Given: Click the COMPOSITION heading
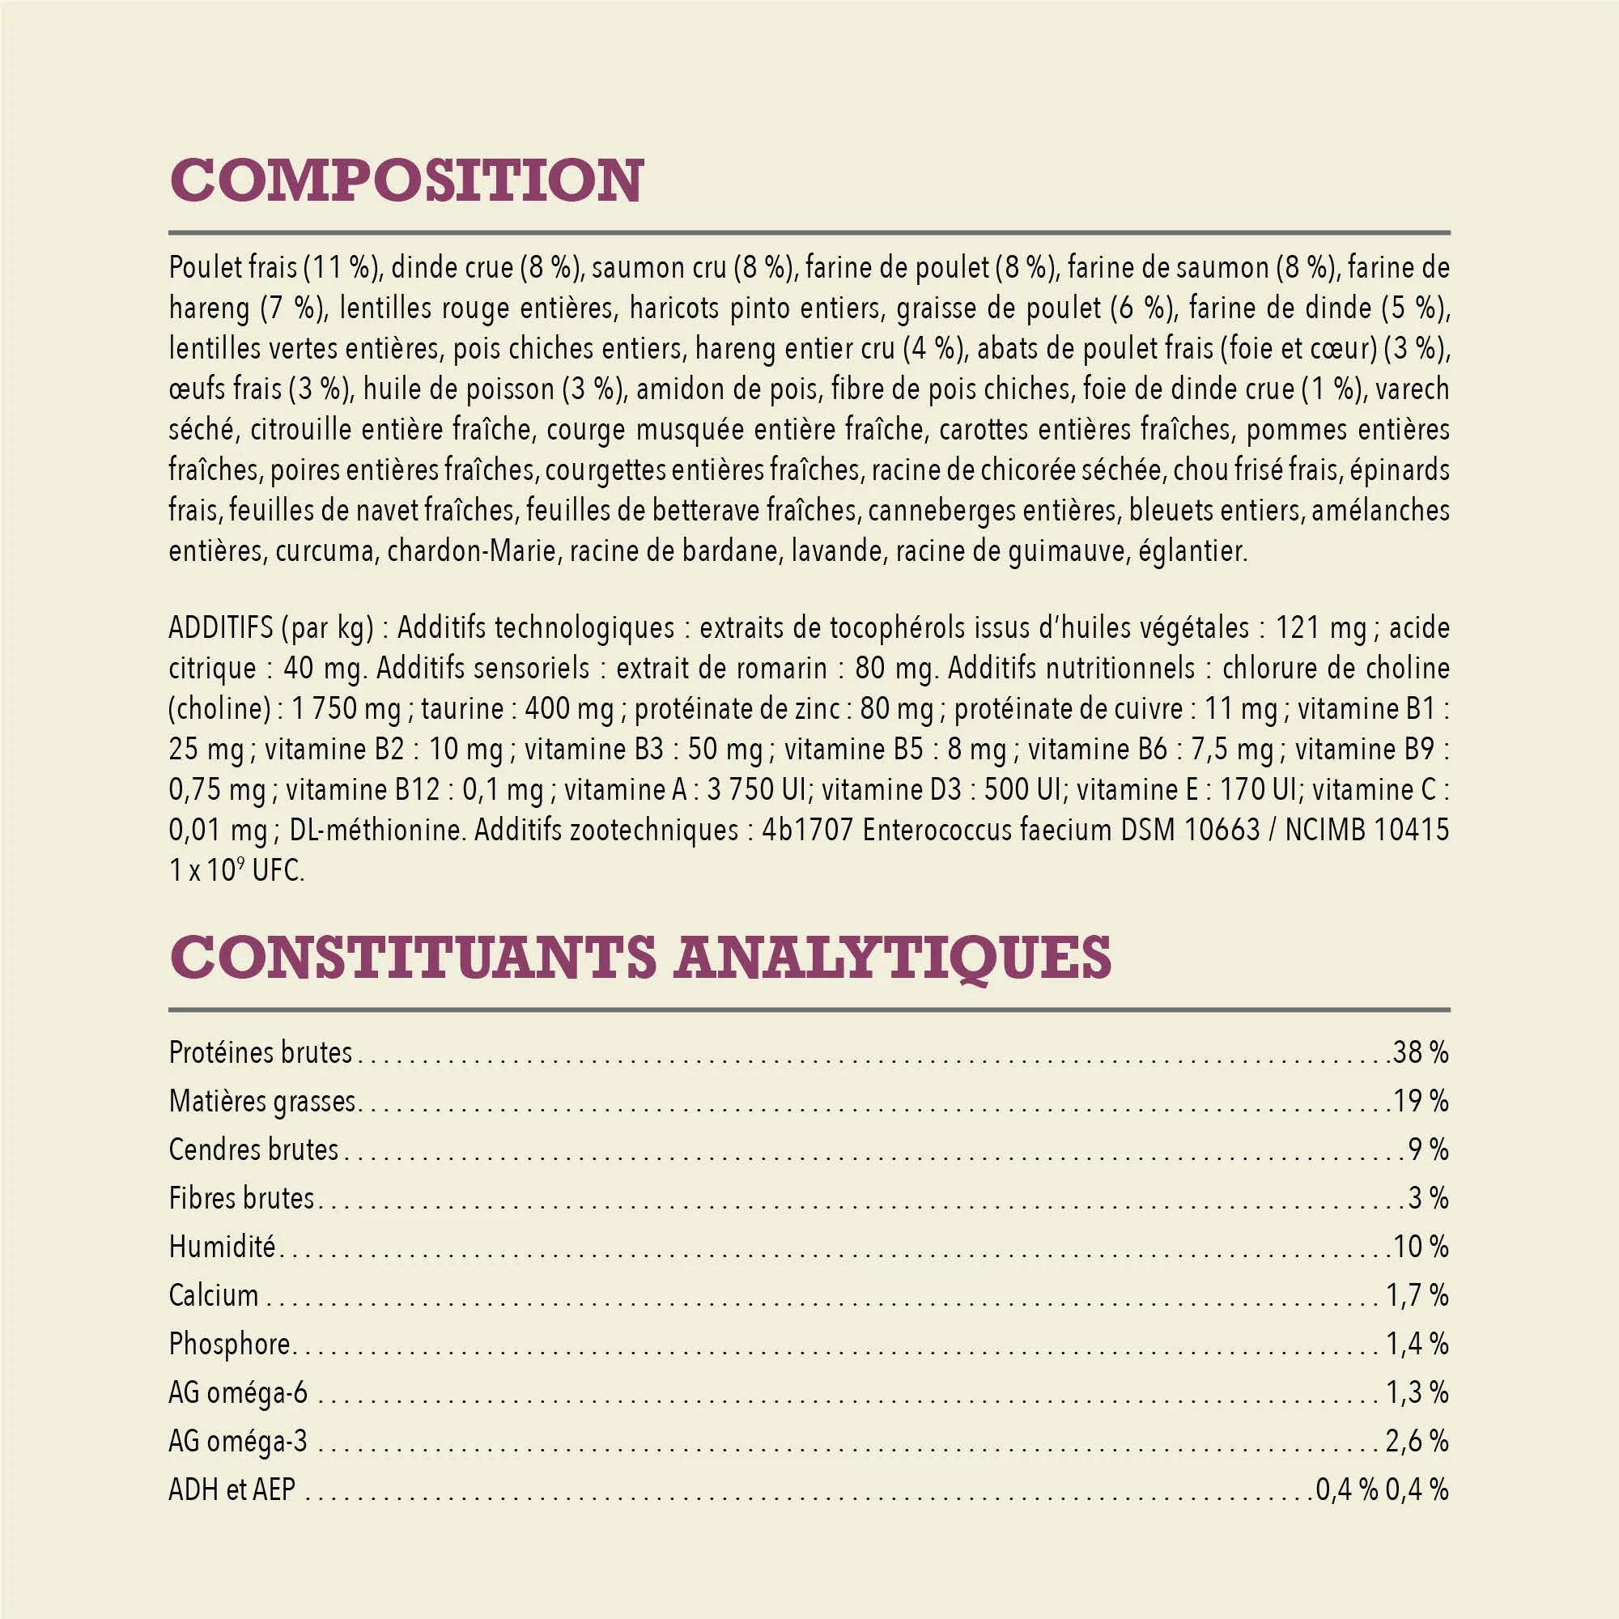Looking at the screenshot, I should (406, 181).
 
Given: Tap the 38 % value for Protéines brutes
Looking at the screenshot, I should (1421, 1052).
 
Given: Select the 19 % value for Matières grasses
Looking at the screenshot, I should (1421, 1101).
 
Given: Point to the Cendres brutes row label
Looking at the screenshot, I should (253, 1149).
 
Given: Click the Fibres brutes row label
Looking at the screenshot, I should (241, 1198).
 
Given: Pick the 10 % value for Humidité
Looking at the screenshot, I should (1421, 1247).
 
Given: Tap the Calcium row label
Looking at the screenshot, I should (214, 1295).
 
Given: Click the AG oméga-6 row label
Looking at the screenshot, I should (238, 1392).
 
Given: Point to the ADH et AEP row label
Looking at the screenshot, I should (232, 1490).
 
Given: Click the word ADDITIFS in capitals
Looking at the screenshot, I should (220, 627).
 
